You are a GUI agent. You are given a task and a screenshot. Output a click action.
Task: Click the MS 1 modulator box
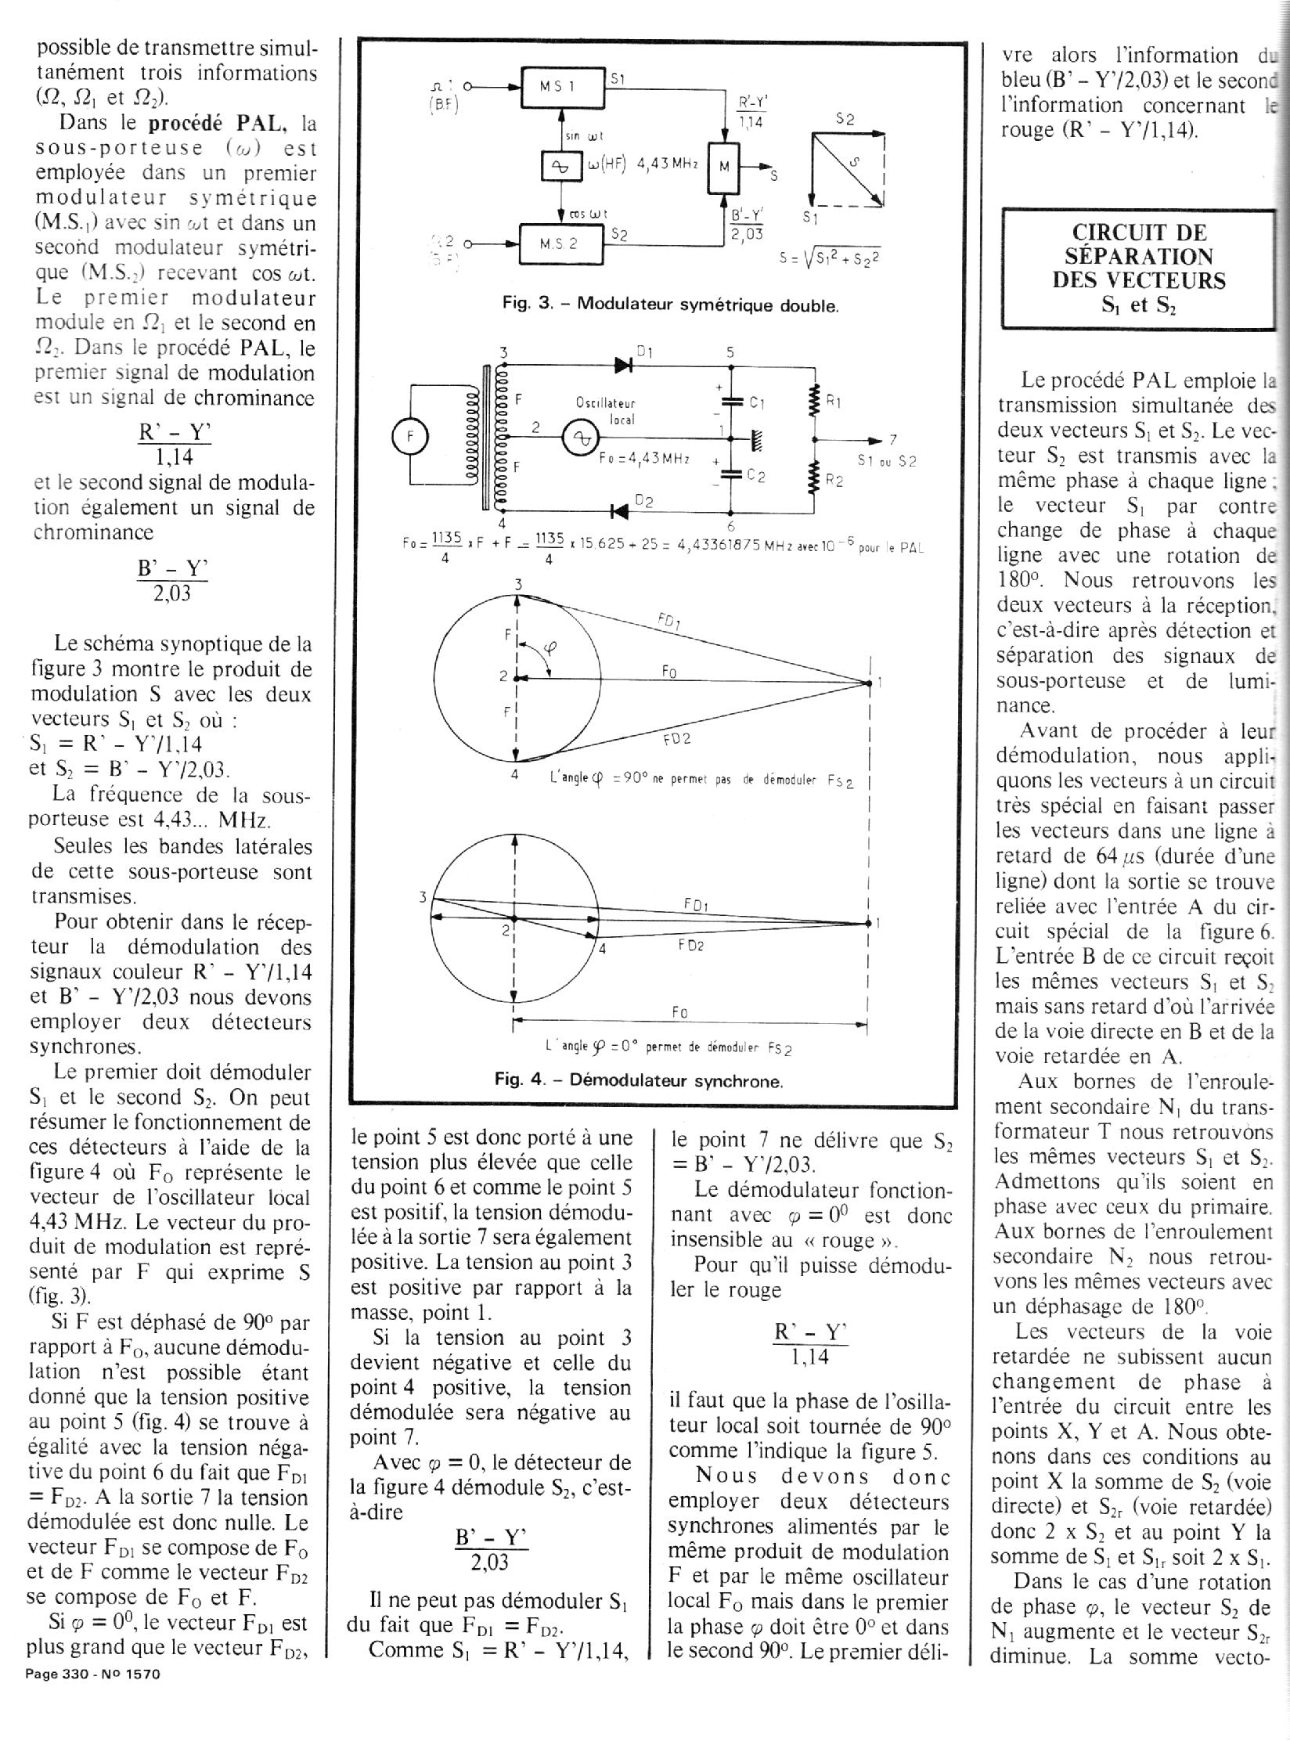pos(563,88)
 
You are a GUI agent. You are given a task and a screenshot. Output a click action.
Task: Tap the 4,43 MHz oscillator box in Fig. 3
pos(561,166)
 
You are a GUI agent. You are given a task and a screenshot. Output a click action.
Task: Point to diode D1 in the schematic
pos(624,364)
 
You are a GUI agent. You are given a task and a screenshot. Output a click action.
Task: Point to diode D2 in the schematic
pos(621,511)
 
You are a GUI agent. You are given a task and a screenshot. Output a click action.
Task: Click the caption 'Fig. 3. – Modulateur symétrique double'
pos(670,305)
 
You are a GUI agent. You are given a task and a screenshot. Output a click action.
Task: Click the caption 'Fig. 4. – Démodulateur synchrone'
pos(639,1081)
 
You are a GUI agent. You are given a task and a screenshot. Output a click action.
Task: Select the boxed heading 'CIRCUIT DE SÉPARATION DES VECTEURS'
pos(1139,268)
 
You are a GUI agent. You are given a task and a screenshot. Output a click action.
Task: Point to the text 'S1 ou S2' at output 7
pos(886,461)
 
